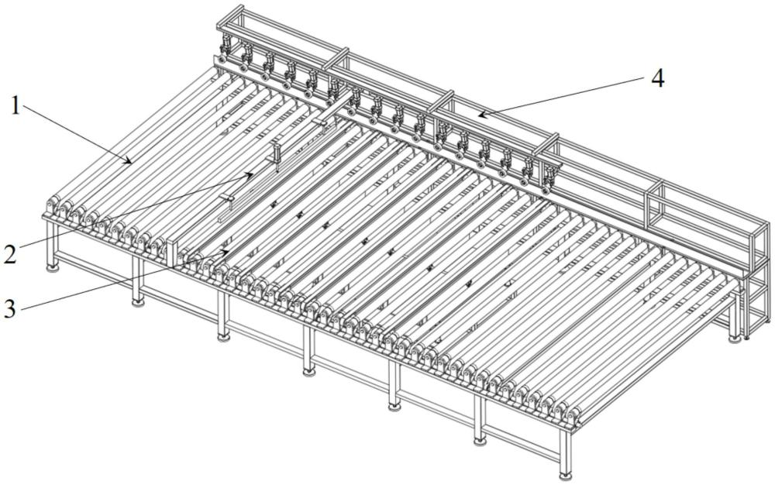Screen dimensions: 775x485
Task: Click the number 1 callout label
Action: tap(15, 105)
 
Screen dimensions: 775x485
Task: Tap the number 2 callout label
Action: tap(11, 253)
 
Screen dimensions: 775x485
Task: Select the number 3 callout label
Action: tap(10, 308)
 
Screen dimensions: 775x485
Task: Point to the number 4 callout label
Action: tap(657, 78)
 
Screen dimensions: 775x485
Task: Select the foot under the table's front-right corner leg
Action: tap(565, 476)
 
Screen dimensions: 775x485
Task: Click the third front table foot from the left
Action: tap(223, 337)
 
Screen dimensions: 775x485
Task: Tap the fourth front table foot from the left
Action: tap(309, 370)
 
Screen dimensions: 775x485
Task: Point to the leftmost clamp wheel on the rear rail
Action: tap(222, 61)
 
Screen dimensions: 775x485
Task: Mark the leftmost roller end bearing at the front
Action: tap(51, 206)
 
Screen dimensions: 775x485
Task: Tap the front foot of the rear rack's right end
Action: tap(735, 339)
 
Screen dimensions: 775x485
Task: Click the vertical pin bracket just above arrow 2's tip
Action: tap(275, 153)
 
